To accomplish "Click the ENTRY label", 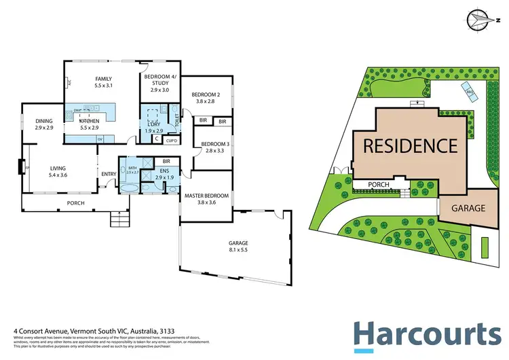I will (109, 174).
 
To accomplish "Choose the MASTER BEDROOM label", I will (206, 196).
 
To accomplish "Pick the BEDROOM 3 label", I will (208, 143).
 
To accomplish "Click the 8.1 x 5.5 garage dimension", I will (238, 250).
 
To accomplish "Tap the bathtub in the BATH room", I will (130, 168).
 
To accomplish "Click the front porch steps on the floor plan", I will (119, 220).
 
